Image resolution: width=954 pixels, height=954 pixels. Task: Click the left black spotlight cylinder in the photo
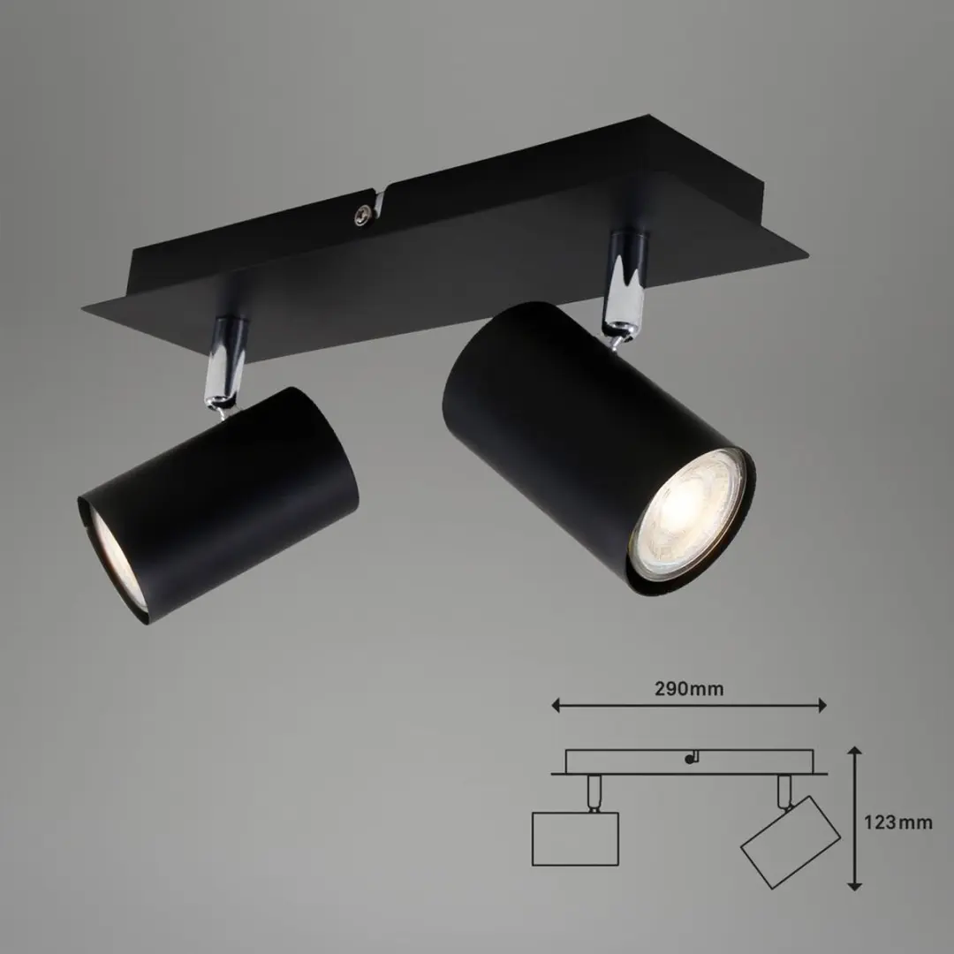coord(218,505)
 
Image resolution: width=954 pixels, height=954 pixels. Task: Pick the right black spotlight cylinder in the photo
coord(599,448)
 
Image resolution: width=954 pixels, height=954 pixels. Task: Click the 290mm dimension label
coord(689,689)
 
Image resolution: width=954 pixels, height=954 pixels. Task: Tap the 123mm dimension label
coord(898,822)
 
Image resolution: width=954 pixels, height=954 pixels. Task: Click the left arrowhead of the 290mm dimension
coord(556,705)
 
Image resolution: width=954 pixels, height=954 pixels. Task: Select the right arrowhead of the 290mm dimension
coord(822,705)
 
